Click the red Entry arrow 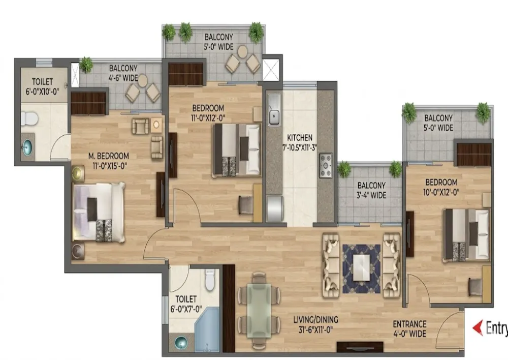point(478,328)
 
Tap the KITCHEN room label point(300,137)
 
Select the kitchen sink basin point(274,115)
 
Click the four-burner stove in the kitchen point(326,165)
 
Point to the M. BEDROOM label point(109,156)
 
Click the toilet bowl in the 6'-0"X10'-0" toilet point(29,118)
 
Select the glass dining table point(259,310)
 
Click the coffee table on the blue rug point(361,268)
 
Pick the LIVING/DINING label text point(315,320)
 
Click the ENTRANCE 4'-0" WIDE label point(409,328)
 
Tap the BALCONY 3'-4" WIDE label point(372,190)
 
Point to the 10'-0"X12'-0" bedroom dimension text point(441,193)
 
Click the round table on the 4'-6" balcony point(142,81)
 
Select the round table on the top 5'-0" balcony point(242,51)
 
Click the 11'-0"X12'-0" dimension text point(208,117)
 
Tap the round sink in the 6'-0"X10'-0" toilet point(27,147)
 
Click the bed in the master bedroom point(99,213)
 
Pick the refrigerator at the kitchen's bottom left point(275,208)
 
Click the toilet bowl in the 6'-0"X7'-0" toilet point(210,280)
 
